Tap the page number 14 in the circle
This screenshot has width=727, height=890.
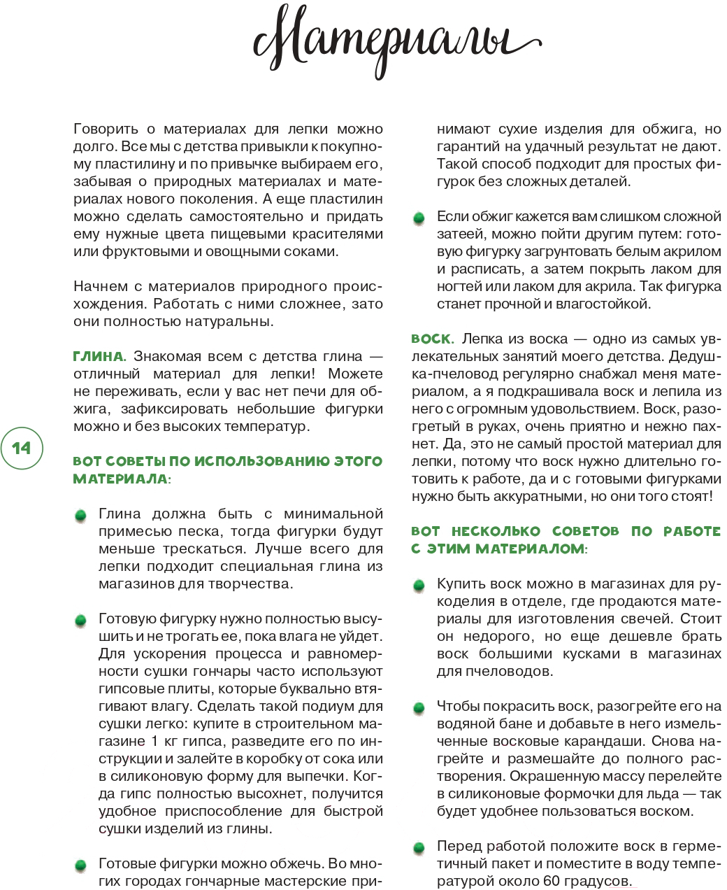click(22, 448)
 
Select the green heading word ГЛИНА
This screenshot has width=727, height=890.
click(99, 356)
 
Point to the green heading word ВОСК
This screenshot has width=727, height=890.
click(432, 339)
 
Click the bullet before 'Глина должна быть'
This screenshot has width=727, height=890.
click(81, 516)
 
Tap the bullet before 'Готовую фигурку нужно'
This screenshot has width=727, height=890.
click(81, 621)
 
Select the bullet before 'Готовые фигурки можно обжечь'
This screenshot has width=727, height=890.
click(81, 866)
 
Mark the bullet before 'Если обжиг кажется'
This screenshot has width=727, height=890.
click(419, 218)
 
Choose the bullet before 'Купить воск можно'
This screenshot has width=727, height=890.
click(419, 586)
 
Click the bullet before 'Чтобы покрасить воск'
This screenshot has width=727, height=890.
click(419, 708)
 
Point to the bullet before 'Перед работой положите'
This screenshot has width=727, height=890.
click(419, 848)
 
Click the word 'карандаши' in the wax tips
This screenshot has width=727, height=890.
click(684, 741)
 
